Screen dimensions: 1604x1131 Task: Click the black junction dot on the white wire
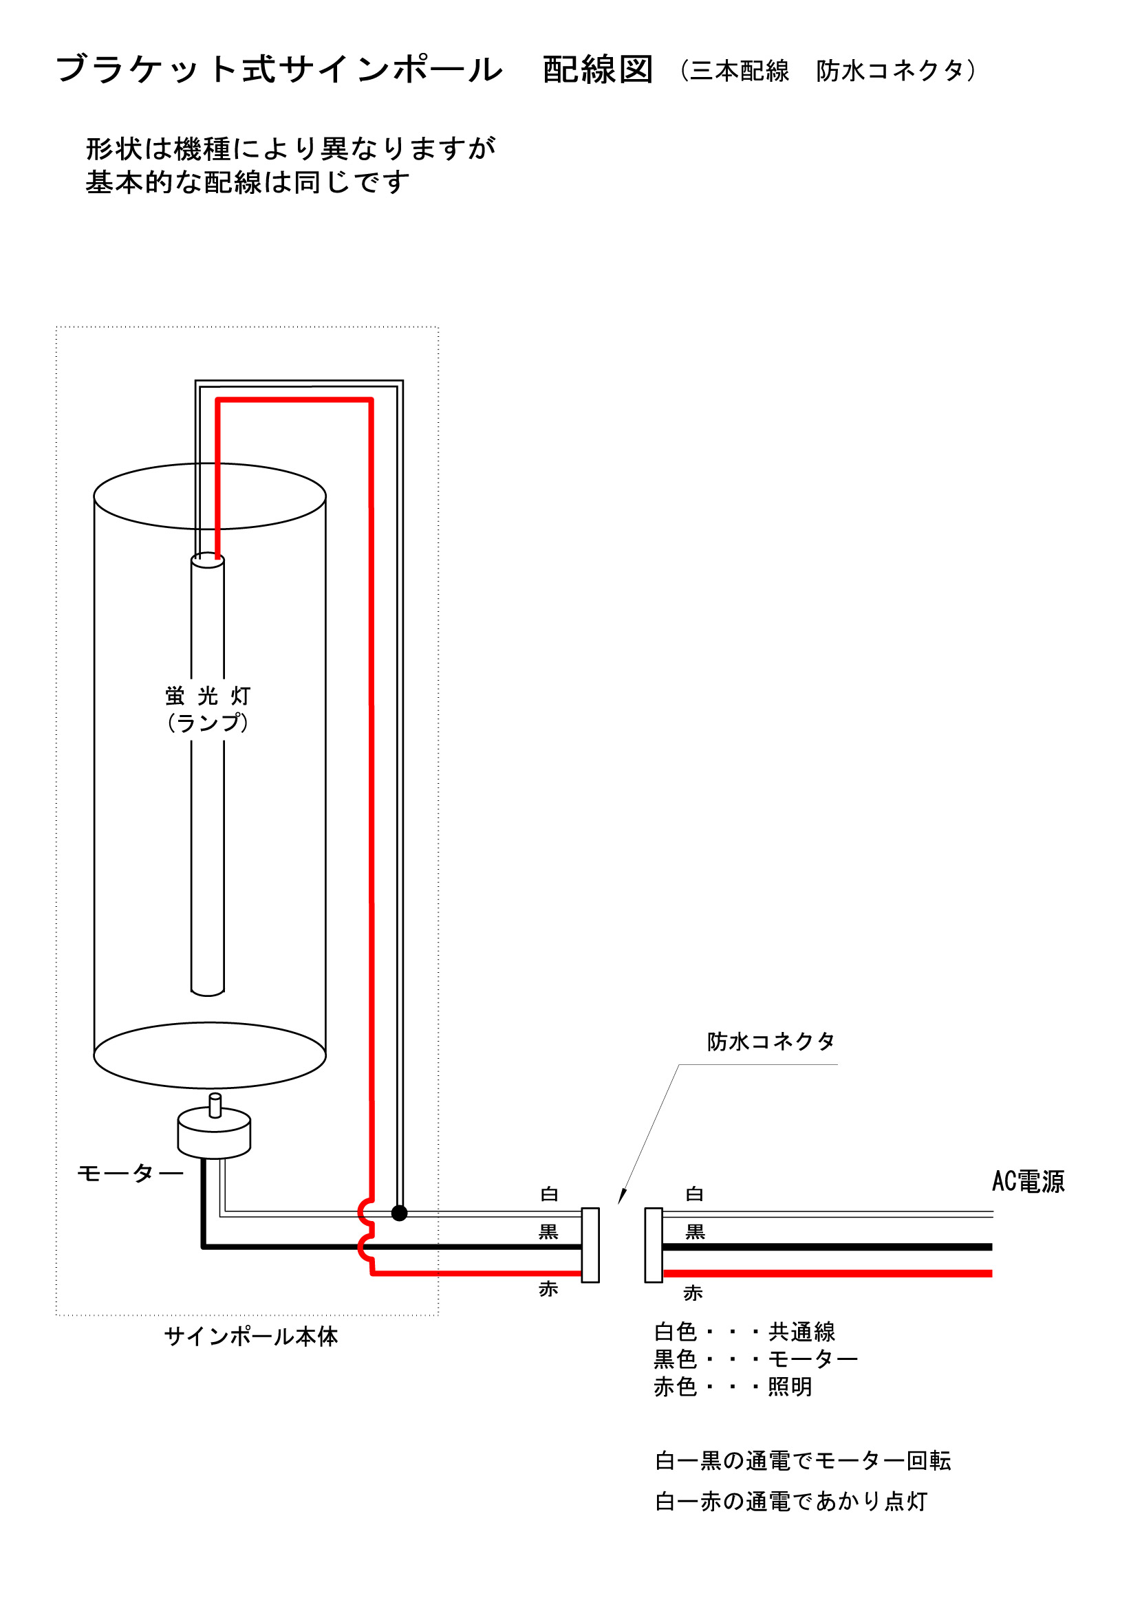point(399,1213)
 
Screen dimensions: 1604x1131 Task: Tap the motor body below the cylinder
point(214,1134)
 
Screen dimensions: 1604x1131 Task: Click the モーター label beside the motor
point(130,1173)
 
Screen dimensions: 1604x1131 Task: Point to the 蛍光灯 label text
point(208,696)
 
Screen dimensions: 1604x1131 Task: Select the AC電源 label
point(1028,1181)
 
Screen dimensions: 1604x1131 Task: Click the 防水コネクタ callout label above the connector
point(771,1042)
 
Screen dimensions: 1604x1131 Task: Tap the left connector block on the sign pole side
point(591,1245)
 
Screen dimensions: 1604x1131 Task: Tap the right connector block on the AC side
point(654,1245)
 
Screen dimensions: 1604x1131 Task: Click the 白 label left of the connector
point(550,1194)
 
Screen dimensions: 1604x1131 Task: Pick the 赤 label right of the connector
point(693,1293)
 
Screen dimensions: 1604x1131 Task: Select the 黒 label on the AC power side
point(695,1231)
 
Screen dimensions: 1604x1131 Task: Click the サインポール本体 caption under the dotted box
point(251,1337)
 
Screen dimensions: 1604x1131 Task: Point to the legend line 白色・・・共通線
point(744,1332)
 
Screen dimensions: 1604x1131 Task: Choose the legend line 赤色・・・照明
point(733,1387)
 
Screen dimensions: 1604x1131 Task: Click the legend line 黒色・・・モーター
point(755,1359)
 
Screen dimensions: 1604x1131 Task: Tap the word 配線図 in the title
point(598,70)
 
